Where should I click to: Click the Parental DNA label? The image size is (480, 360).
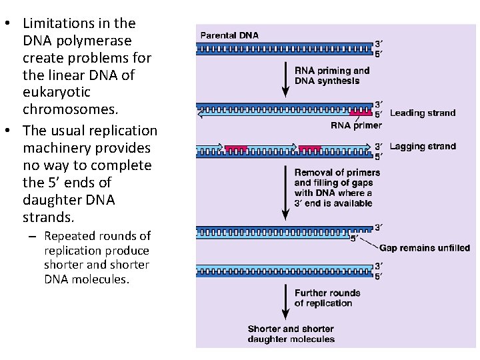[229, 35]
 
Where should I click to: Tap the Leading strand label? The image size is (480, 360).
[423, 113]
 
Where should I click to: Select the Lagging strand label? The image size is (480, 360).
[423, 146]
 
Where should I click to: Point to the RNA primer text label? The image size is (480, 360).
[356, 125]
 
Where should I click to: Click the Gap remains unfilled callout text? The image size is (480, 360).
[425, 248]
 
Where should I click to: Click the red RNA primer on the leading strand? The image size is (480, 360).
[361, 113]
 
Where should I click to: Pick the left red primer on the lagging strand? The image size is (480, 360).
[236, 147]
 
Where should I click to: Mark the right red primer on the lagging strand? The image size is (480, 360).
[310, 147]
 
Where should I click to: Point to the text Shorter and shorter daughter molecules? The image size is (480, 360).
[291, 334]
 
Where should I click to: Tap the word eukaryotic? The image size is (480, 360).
[57, 92]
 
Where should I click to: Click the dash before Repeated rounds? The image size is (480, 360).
[34, 237]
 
